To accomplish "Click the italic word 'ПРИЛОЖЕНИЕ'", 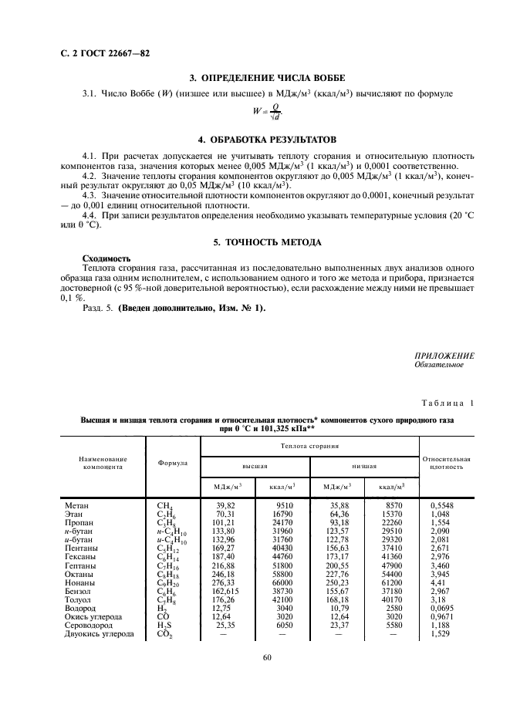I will point(444,356).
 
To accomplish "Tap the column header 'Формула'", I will point(172,464).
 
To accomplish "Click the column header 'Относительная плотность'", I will point(447,463).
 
